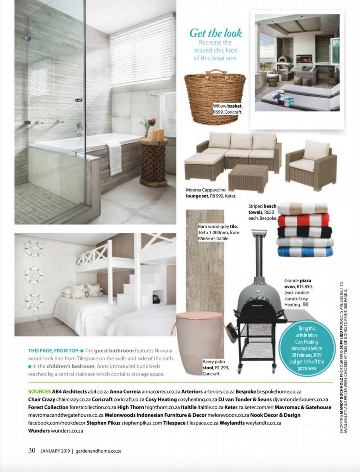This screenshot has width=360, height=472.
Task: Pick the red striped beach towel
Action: point(303,220)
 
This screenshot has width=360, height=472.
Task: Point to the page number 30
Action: point(32,450)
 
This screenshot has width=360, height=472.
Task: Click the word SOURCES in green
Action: point(39,391)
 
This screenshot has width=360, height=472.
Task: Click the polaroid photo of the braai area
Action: point(297,70)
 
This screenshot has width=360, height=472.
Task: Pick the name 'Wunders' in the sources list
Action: point(39,431)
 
